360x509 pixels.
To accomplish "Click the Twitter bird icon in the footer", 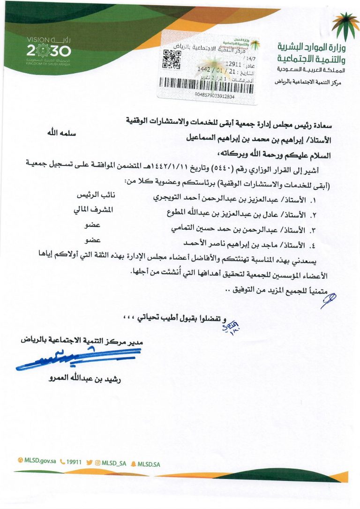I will pos(90,462).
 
